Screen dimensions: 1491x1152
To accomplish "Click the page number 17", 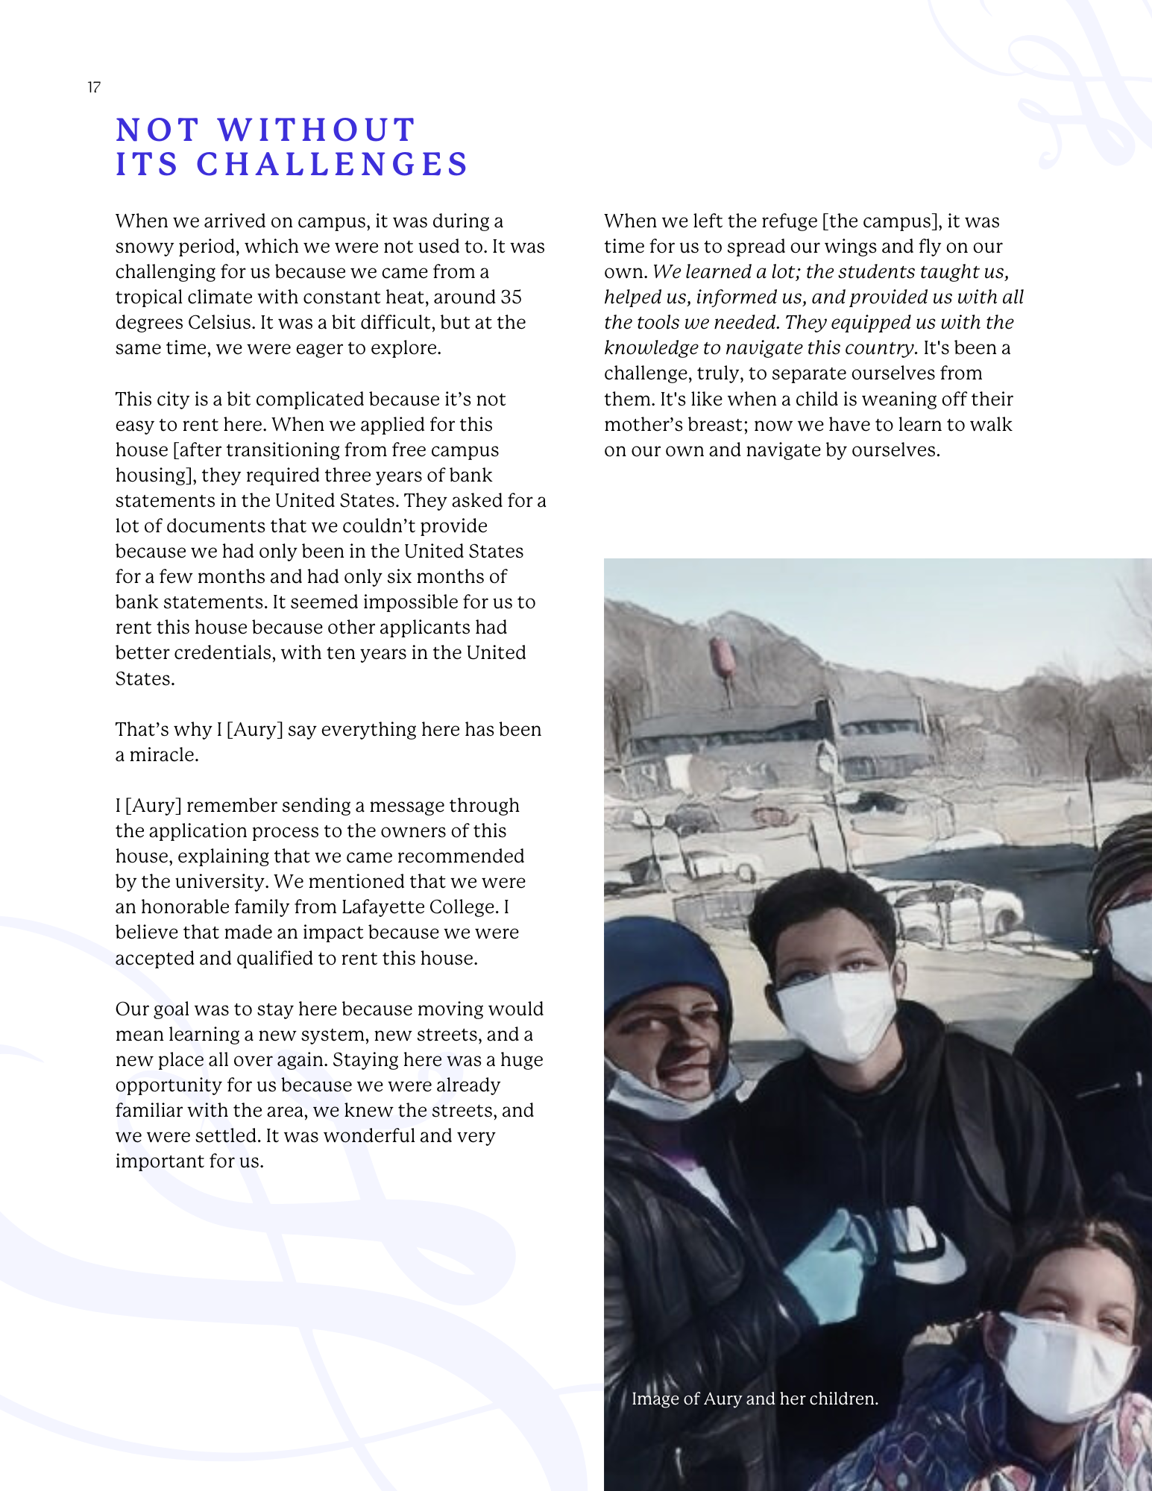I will (94, 87).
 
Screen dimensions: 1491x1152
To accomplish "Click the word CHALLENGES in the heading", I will (332, 165).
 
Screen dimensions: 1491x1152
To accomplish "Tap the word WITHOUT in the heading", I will (316, 130).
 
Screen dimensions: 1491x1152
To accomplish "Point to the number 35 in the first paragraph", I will (511, 297).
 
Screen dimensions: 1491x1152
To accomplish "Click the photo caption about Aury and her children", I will (755, 1399).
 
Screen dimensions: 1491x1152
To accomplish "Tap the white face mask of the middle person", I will (835, 1014).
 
